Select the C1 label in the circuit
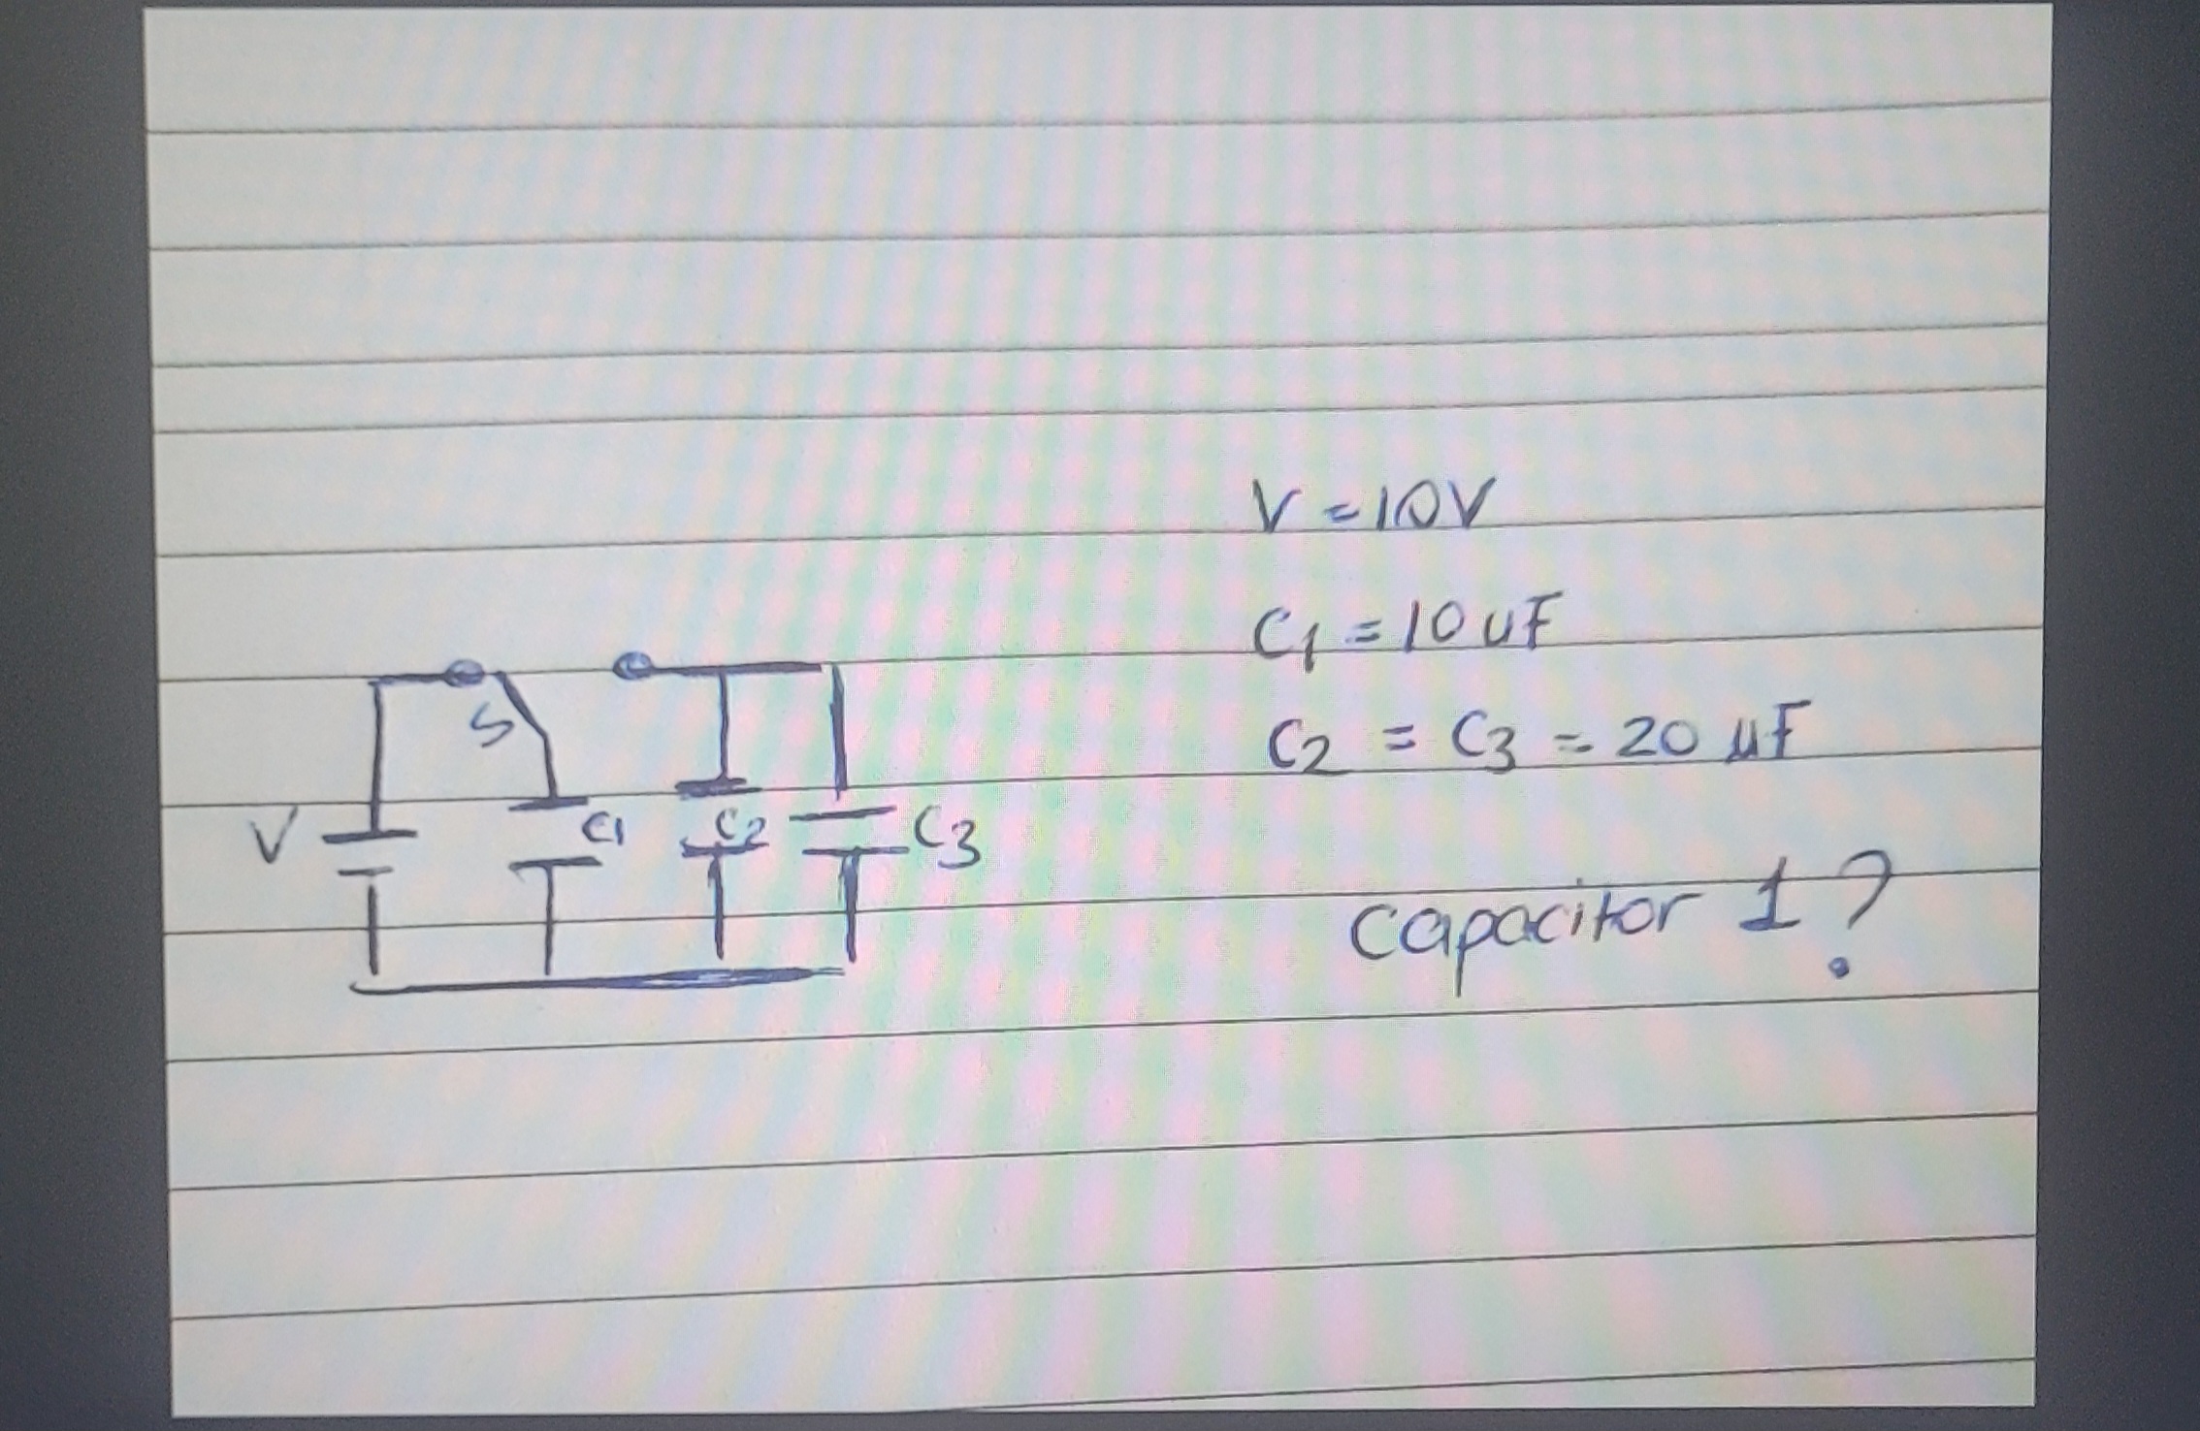coord(602,830)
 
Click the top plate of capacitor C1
coord(548,802)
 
